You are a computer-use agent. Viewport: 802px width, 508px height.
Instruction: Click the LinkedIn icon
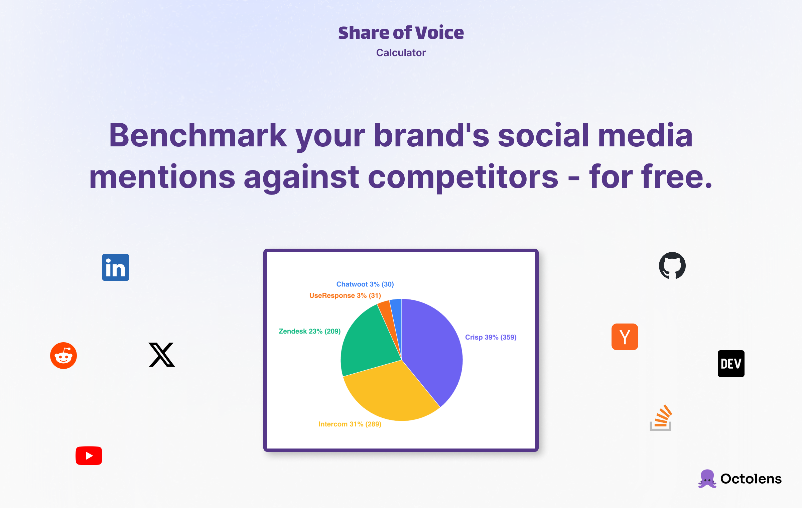115,267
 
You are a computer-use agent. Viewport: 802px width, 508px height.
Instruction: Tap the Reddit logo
63,356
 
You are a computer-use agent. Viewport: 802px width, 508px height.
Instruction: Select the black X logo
162,355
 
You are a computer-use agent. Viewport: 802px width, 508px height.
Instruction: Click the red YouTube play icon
89,456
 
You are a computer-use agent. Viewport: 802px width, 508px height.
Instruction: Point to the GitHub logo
672,265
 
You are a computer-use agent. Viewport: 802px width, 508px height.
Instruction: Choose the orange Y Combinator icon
625,337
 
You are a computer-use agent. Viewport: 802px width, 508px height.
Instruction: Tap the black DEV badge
731,364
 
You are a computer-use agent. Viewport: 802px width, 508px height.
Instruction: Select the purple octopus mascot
707,479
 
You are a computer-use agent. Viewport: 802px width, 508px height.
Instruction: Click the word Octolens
751,479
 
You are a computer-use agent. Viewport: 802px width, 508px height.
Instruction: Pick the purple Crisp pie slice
434,348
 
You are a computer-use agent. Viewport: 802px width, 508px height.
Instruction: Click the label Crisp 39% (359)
491,337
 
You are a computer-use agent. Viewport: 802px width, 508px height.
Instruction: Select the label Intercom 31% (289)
350,424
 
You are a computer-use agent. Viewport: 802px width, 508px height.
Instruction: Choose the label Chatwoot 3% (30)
365,284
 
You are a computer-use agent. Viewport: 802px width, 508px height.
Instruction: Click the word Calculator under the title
401,53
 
